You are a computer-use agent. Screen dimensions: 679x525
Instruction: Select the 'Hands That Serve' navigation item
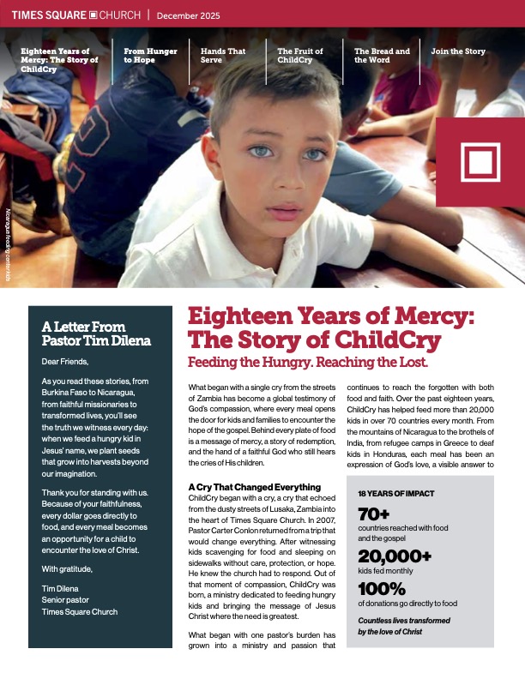[x=222, y=56]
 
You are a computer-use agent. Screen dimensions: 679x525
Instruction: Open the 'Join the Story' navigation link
[x=457, y=51]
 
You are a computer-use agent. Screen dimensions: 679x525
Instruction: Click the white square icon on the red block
[x=479, y=161]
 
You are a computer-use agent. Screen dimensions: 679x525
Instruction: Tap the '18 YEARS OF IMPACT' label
[x=396, y=495]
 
